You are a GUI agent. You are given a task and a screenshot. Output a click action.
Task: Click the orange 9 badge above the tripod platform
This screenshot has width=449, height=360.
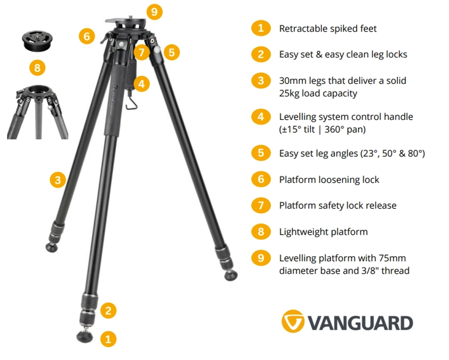click(x=154, y=11)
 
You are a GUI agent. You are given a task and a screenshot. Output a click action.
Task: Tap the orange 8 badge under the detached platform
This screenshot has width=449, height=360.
click(x=37, y=67)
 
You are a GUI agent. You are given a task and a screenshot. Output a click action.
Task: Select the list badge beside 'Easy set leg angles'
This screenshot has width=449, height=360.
click(x=261, y=153)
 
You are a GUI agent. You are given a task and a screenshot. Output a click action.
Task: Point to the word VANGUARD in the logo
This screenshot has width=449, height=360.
click(x=360, y=323)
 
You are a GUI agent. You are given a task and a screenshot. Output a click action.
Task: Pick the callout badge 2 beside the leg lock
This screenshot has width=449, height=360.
click(x=108, y=311)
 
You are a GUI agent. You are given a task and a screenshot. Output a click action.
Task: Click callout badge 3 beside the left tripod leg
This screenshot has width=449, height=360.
click(x=58, y=179)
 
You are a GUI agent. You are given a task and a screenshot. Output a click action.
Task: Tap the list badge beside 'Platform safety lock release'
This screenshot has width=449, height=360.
click(x=261, y=205)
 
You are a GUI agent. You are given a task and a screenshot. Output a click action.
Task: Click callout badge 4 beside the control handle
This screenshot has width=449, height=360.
click(x=142, y=84)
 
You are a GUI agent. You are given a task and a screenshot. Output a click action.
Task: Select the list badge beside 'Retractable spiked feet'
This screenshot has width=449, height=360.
click(x=261, y=28)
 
